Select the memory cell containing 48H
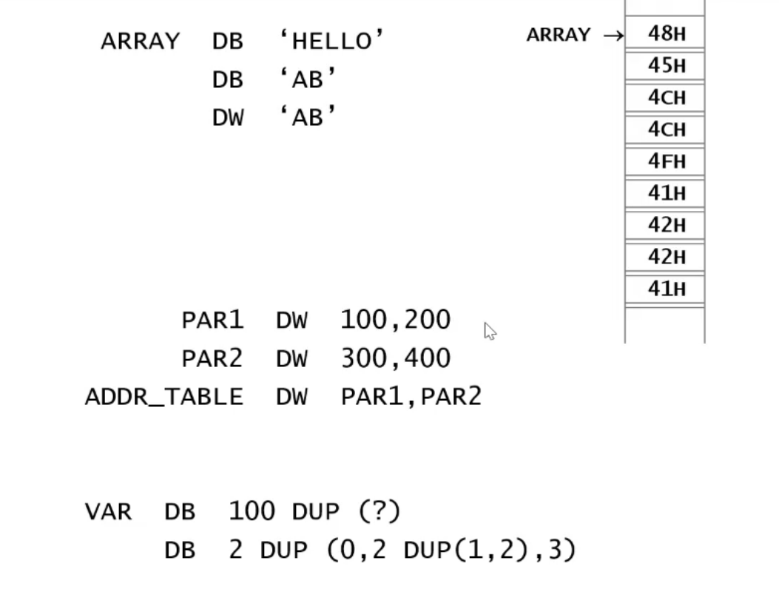pos(666,33)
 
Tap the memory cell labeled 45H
pos(666,65)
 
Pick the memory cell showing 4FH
pos(666,161)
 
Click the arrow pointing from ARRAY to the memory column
pos(613,35)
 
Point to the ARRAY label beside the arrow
pos(558,35)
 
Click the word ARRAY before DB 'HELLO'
pos(140,41)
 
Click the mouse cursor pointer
pos(490,331)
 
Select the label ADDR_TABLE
pos(163,397)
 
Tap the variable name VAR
pos(108,511)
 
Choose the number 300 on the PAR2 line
pos(363,358)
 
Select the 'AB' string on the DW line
pos(308,117)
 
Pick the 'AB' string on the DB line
pos(308,79)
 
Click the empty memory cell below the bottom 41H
pos(665,324)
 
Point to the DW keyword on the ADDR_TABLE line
pos(291,397)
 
